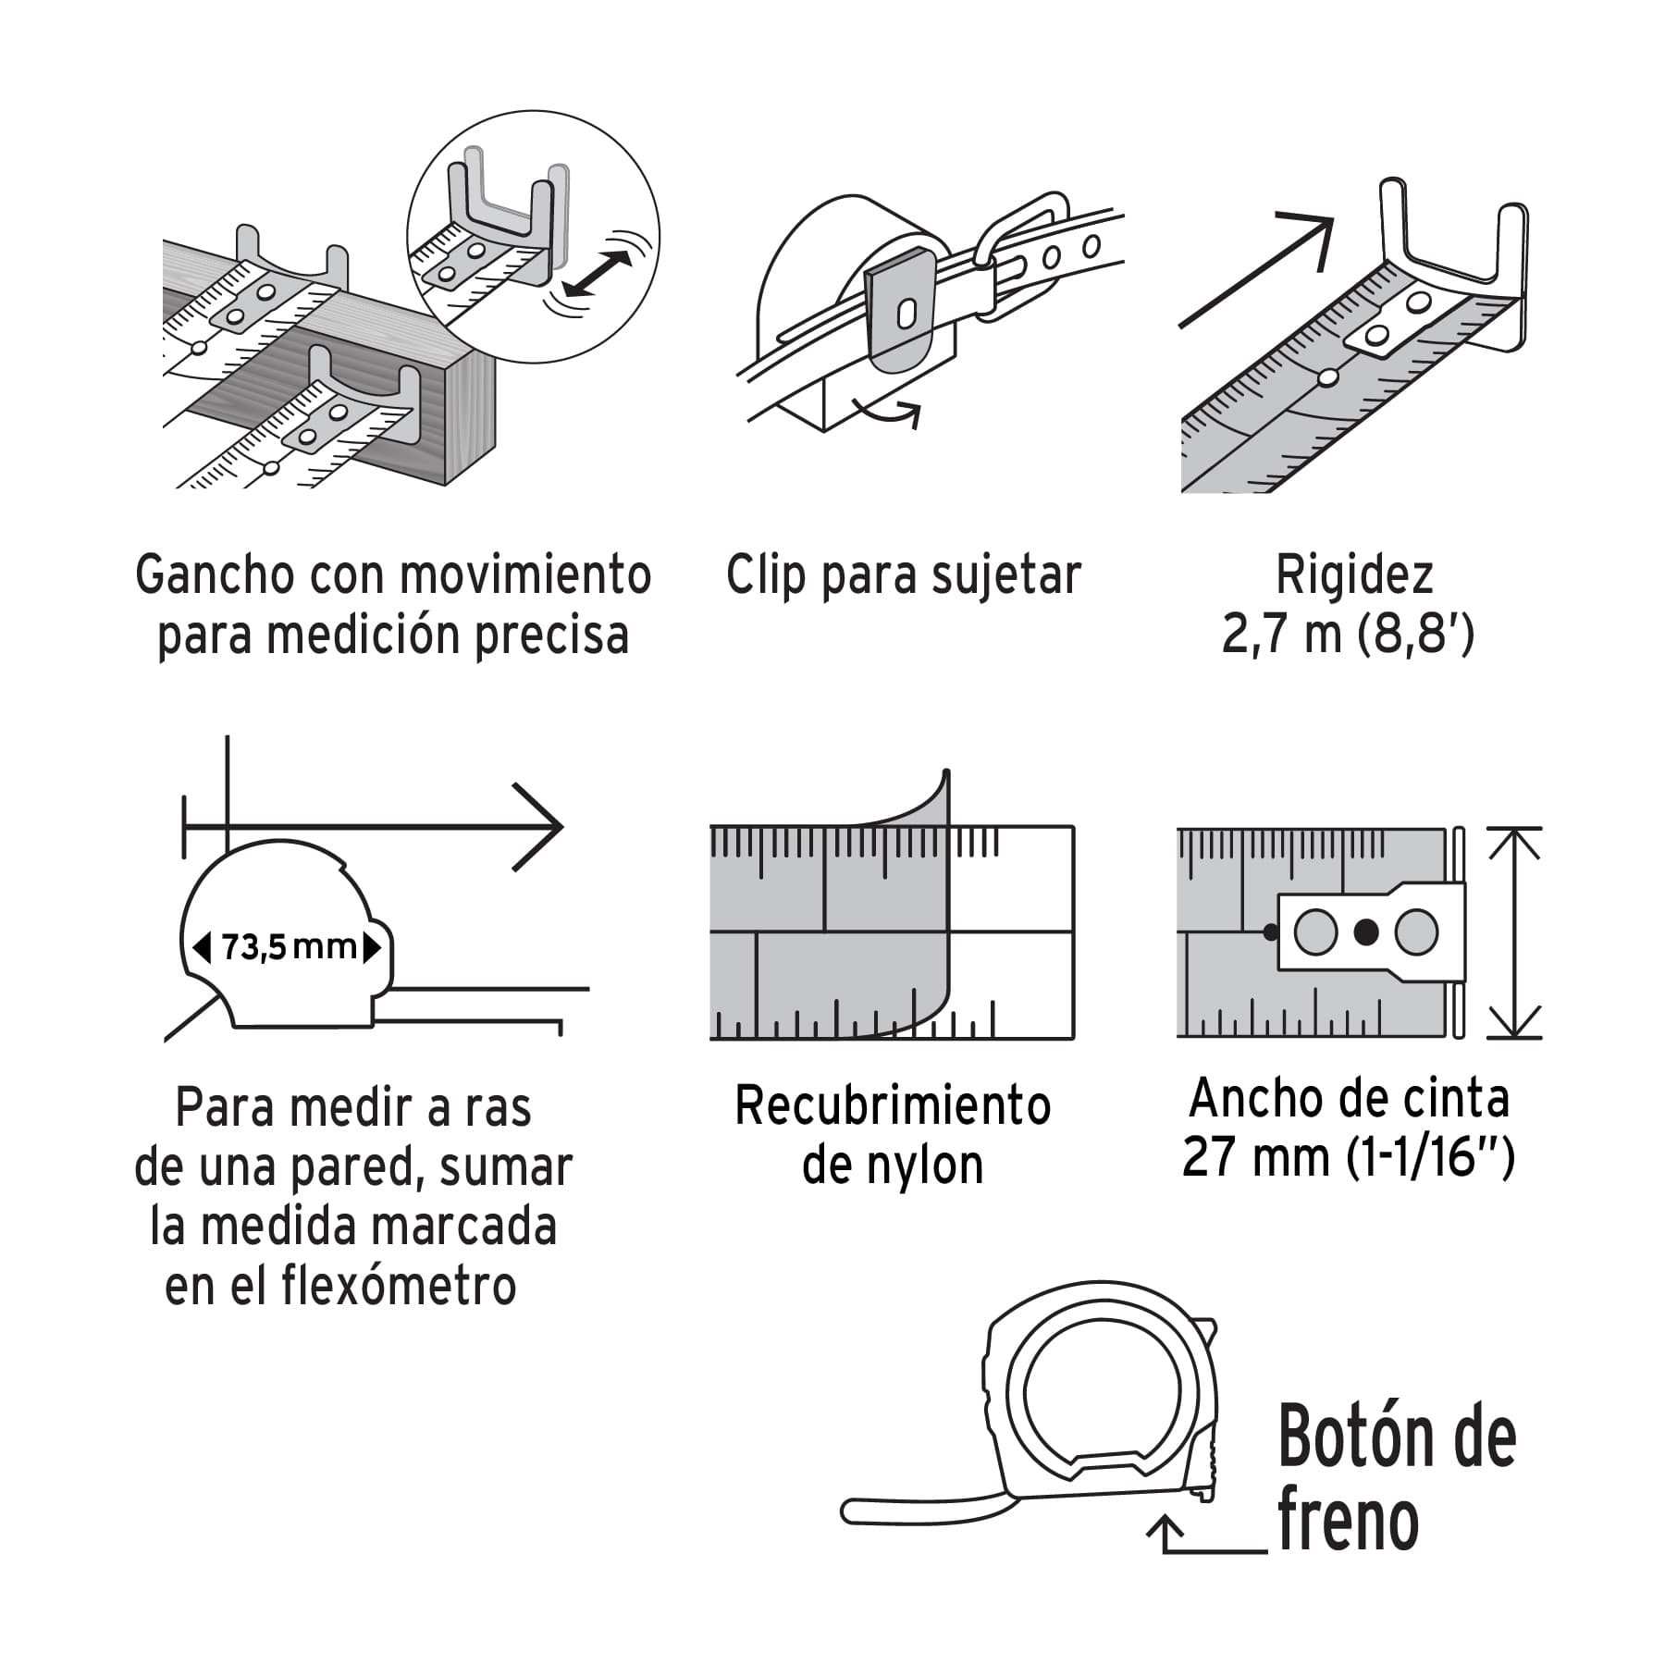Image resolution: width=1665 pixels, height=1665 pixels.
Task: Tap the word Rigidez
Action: (1354, 575)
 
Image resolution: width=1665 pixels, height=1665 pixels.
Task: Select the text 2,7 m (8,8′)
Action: (1348, 635)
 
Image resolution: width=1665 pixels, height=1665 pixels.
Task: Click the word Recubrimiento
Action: (893, 1105)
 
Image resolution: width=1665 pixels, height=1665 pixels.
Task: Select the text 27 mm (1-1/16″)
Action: (1348, 1156)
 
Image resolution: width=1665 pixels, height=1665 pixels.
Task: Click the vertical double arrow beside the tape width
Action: (1514, 932)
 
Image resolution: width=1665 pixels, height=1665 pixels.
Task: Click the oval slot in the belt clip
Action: (906, 314)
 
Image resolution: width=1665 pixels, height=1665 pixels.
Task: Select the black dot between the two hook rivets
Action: (1365, 932)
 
